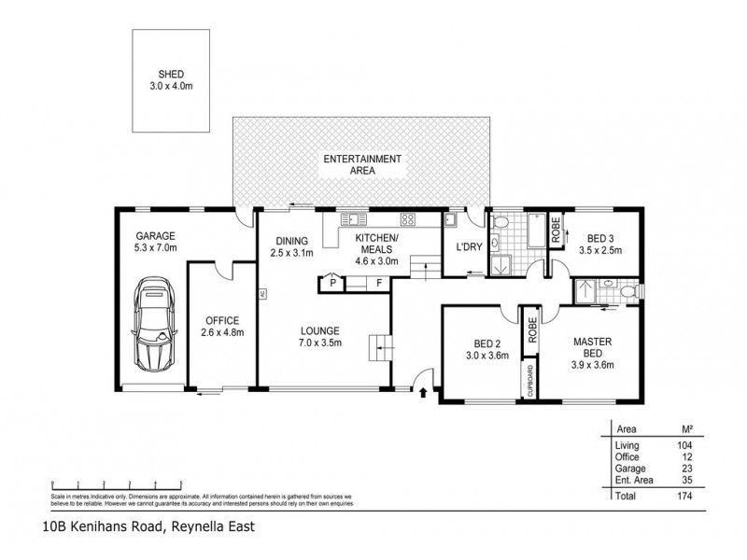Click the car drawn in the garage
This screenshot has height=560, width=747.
pyautogui.click(x=153, y=323)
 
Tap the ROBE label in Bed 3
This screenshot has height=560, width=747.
pyautogui.click(x=557, y=231)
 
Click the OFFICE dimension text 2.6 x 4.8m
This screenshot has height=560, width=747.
pyautogui.click(x=221, y=333)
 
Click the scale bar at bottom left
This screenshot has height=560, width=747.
pyautogui.click(x=103, y=487)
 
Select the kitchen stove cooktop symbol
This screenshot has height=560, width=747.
pyautogui.click(x=408, y=220)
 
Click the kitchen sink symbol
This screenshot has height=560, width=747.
pyautogui.click(x=353, y=220)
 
